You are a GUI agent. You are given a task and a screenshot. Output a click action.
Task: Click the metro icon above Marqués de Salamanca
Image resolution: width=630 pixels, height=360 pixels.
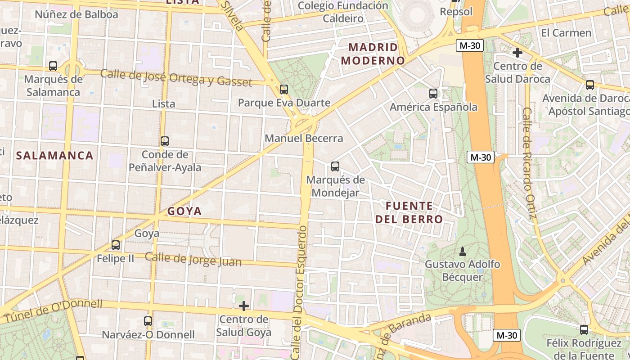[x=53, y=66]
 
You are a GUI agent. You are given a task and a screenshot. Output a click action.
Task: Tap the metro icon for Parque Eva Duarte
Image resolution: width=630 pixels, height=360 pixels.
[x=283, y=89]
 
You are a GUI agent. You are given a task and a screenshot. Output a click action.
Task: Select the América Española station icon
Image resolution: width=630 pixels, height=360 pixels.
[x=433, y=94]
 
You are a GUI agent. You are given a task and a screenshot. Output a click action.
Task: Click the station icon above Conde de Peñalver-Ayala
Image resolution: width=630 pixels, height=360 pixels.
[x=165, y=141]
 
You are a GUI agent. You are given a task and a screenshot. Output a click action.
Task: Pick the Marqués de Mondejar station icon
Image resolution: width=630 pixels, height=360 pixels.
[x=335, y=166]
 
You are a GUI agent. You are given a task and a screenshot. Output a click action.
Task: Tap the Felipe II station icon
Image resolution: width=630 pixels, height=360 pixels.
[x=116, y=245]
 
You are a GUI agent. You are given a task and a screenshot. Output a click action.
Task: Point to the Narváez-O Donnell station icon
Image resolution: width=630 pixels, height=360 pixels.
[x=148, y=321]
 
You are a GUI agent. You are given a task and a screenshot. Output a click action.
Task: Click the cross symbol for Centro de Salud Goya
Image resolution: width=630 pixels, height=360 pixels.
[x=243, y=306]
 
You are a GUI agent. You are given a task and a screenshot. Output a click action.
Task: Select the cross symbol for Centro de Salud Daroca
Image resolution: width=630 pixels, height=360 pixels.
[x=517, y=53]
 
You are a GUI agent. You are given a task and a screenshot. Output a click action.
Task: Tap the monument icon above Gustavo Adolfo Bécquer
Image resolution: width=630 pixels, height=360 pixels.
[x=462, y=251]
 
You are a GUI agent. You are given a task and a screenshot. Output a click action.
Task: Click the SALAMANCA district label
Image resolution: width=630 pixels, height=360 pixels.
[x=54, y=156]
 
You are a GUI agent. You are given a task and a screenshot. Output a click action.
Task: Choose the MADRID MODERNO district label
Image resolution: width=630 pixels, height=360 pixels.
[x=373, y=54]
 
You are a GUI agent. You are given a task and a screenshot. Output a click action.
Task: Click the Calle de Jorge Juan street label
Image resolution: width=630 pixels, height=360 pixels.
[x=193, y=259]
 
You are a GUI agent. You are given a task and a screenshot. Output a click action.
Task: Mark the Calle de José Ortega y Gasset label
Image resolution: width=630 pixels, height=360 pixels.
[x=176, y=78]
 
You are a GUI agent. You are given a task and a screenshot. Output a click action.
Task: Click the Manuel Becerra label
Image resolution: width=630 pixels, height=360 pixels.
[x=304, y=138]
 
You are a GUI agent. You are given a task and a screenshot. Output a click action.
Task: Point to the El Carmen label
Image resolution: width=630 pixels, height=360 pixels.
[x=566, y=33]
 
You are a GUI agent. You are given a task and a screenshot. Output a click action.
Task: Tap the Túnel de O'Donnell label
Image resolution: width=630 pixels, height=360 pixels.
[x=53, y=310]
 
